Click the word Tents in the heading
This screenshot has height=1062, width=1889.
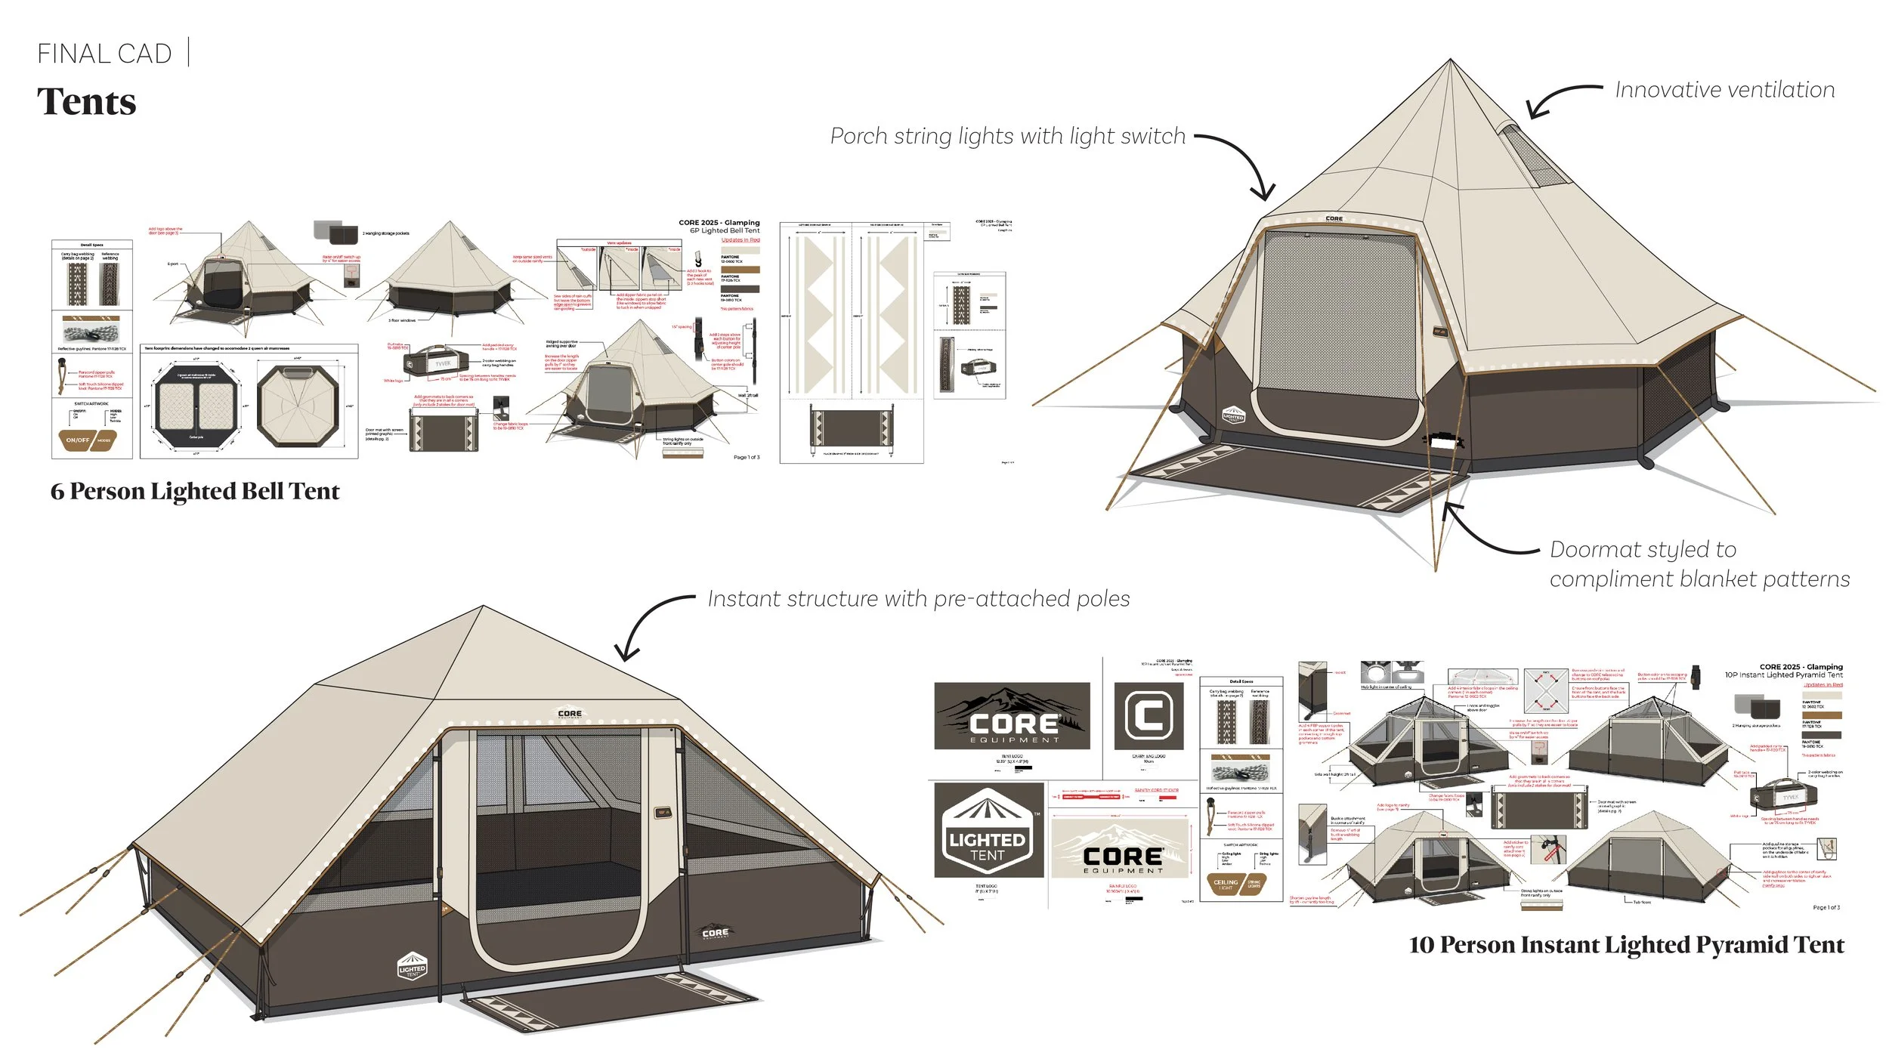point(86,102)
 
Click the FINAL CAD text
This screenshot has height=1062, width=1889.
point(104,54)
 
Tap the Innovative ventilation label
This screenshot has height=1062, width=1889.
point(1724,90)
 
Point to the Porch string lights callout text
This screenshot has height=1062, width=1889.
point(1007,136)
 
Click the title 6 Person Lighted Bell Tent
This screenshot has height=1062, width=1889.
point(195,492)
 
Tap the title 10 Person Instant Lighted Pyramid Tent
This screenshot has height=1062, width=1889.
point(1626,945)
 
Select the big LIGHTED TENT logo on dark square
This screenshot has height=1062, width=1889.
point(988,831)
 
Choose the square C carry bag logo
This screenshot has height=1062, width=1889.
point(1149,715)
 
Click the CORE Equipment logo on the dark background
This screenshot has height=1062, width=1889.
point(1012,716)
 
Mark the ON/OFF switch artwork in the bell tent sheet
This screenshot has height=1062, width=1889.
point(88,440)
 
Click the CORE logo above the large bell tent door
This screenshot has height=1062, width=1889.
point(1334,219)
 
